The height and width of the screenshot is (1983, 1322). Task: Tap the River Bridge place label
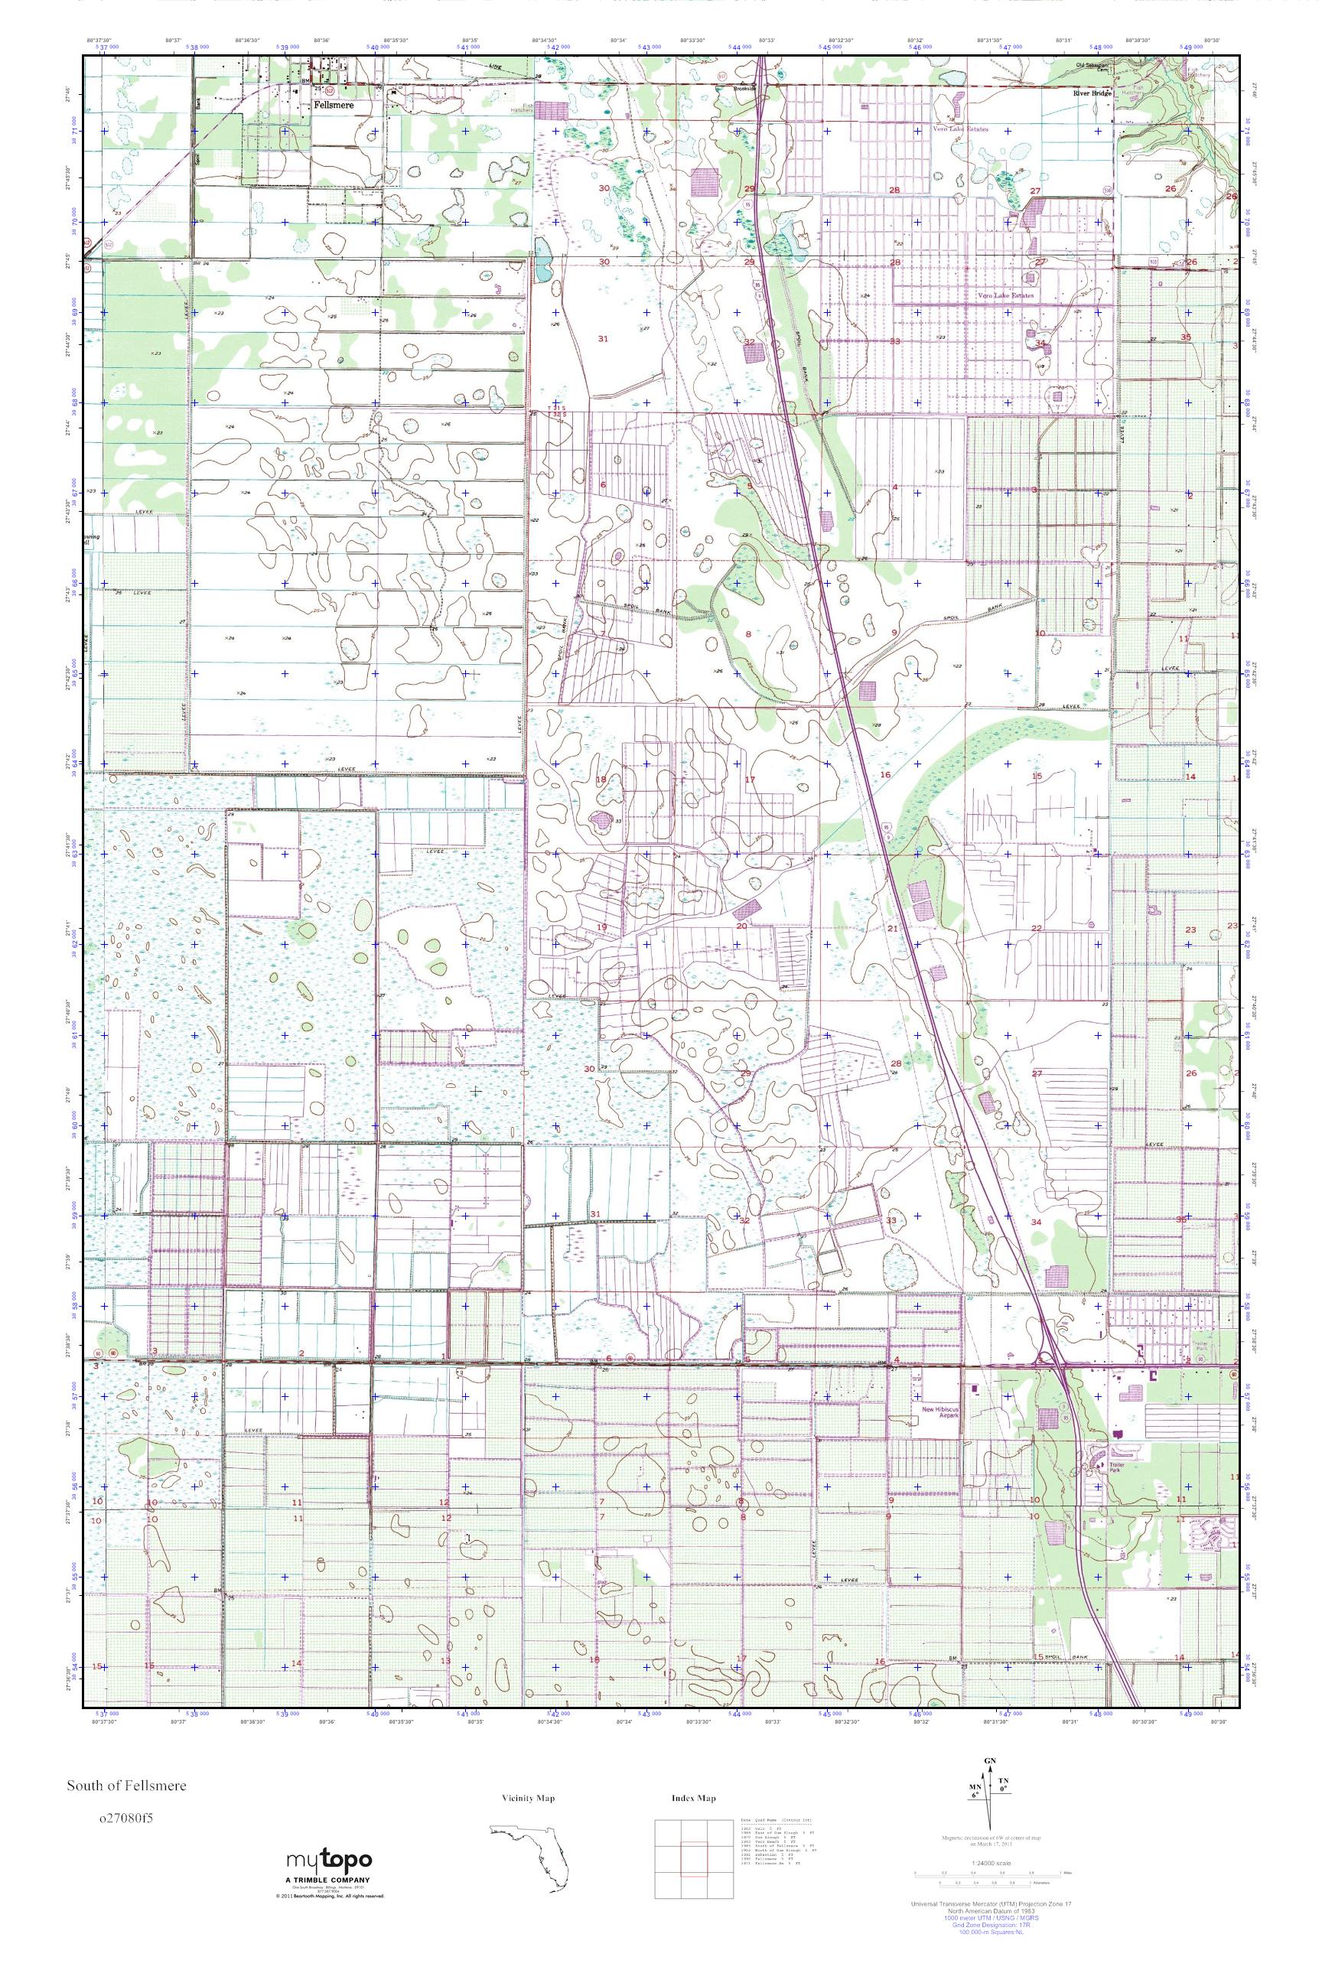pos(1092,93)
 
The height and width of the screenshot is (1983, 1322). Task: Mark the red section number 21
pos(892,928)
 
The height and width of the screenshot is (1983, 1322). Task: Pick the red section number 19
pos(602,927)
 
